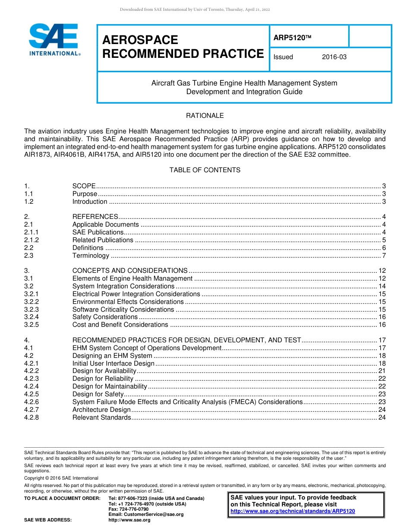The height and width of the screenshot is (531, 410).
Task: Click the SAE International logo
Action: [x=54, y=40]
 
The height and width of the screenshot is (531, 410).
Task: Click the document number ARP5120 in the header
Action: [x=292, y=38]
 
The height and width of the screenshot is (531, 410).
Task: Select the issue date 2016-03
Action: [x=334, y=57]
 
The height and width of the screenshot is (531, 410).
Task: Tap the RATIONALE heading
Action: [x=205, y=116]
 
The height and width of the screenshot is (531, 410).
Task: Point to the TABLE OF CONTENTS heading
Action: [x=205, y=170]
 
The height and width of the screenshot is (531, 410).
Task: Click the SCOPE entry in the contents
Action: [x=84, y=186]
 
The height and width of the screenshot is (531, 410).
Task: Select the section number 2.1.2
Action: [x=32, y=240]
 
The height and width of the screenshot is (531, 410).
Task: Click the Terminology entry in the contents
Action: [x=91, y=256]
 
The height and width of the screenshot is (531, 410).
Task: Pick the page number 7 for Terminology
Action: [x=384, y=256]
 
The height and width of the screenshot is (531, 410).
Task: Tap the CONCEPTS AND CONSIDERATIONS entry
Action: [x=129, y=271]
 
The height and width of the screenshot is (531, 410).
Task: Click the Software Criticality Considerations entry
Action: [x=123, y=310]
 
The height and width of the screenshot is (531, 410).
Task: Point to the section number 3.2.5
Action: [x=32, y=325]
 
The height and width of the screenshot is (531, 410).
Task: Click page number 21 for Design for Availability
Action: [x=382, y=371]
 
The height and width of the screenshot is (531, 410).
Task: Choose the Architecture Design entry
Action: [x=101, y=410]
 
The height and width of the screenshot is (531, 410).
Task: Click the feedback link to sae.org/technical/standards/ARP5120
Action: [x=293, y=511]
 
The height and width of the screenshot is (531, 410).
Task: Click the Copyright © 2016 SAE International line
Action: [x=61, y=478]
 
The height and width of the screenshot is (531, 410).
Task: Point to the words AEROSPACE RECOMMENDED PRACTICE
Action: [x=183, y=47]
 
